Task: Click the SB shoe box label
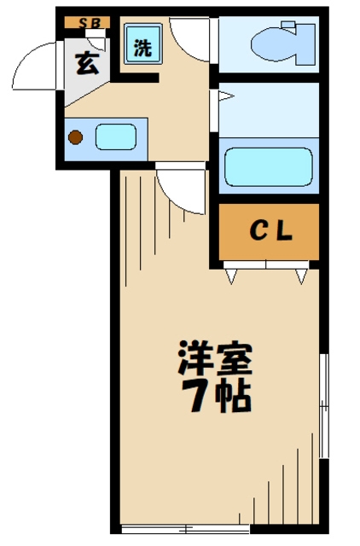89,23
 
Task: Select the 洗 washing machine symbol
141,48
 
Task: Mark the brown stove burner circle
76,136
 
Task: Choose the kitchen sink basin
115,136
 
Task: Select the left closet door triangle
231,276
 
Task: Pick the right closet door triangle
300,276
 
